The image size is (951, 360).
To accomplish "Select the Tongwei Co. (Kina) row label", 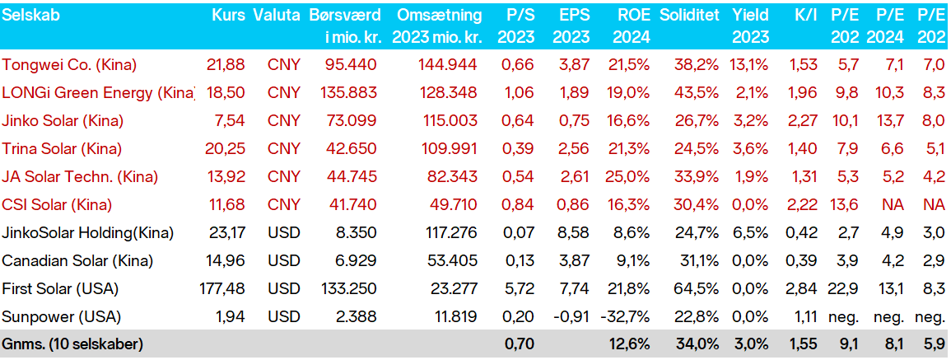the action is coord(70,64).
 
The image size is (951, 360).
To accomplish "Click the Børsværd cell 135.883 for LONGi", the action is coord(348,92).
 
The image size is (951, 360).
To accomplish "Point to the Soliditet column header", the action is coord(690,15).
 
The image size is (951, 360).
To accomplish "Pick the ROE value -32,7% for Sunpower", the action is coord(627,317).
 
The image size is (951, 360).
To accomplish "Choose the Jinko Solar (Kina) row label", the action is coord(63,120).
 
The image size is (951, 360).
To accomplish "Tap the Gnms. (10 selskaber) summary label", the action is coord(72,345).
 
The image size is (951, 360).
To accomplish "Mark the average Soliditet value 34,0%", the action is coord(699,345).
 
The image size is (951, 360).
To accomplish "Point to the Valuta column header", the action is coord(277,15).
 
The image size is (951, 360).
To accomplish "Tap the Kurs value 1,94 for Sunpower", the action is coord(231,317).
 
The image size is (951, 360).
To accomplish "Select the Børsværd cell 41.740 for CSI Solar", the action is coord(352,204).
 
